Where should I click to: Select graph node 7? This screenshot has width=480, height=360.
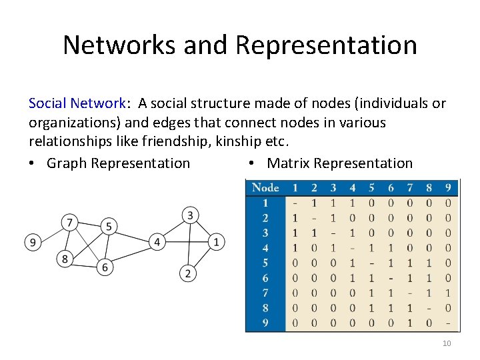(69, 221)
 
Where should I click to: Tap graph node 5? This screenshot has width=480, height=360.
(108, 226)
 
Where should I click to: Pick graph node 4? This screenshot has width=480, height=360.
(157, 241)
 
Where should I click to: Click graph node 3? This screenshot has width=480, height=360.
(190, 215)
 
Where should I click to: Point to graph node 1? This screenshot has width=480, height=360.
(216, 241)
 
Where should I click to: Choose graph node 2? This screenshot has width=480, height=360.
(188, 273)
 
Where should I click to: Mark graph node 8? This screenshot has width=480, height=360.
(65, 259)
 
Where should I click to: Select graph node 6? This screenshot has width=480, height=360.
(105, 267)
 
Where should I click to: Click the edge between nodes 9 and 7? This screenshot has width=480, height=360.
(50, 232)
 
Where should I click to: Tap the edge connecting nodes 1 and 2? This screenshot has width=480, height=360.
(202, 257)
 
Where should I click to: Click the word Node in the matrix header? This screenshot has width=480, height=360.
(265, 187)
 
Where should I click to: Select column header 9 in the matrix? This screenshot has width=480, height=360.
(448, 187)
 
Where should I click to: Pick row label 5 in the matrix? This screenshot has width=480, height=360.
(265, 263)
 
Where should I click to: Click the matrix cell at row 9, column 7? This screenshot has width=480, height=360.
(409, 323)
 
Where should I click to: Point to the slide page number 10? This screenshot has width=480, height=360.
(447, 343)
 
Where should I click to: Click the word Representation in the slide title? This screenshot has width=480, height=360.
(326, 45)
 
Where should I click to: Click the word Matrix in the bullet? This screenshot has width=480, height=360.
(289, 163)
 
